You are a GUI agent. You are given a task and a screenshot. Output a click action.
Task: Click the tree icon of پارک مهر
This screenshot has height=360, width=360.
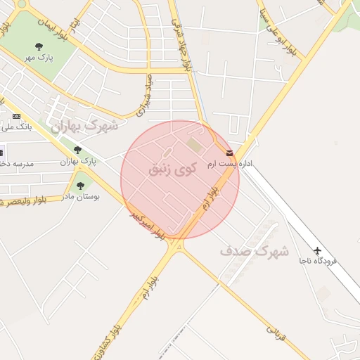39,46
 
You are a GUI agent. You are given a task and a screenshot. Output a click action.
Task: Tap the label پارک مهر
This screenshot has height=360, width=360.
39,57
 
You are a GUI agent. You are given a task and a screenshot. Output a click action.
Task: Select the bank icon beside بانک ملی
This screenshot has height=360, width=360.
17,116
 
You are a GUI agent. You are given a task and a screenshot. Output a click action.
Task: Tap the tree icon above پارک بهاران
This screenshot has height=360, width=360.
77,150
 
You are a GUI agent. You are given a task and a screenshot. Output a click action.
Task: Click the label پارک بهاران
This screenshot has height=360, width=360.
77,162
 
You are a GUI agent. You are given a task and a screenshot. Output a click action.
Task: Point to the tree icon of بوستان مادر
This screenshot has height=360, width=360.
80,186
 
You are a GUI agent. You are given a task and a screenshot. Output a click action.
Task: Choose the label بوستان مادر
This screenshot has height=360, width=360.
82,198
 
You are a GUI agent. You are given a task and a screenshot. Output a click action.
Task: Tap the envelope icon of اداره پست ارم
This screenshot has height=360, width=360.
229,153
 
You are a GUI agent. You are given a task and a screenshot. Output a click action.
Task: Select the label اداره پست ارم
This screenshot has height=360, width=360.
229,164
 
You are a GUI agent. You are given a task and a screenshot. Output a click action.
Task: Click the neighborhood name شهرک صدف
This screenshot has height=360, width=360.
255,250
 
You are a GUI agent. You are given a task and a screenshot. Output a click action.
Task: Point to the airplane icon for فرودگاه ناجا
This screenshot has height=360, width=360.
318,250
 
